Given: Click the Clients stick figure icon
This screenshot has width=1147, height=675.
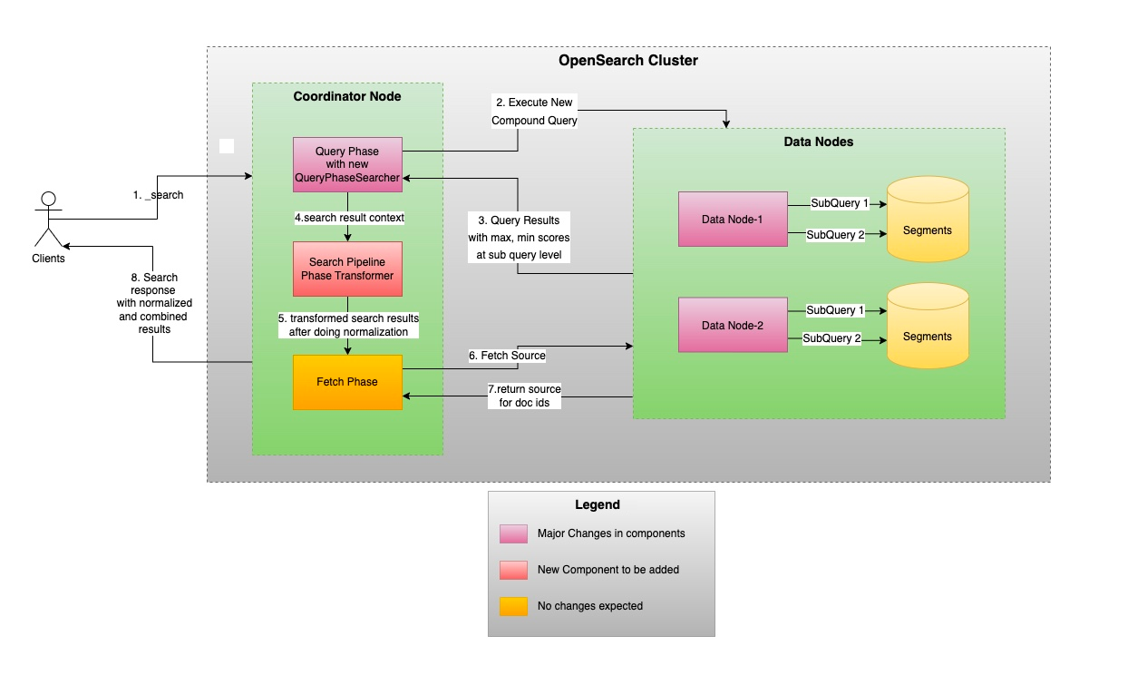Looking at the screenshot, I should pyautogui.click(x=48, y=220).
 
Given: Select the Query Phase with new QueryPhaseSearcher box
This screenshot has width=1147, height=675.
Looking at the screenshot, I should pyautogui.click(x=347, y=164).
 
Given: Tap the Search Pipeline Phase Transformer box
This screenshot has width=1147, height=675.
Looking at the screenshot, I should pyautogui.click(x=347, y=269).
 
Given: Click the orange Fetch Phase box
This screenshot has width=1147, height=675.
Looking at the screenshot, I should pyautogui.click(x=347, y=382).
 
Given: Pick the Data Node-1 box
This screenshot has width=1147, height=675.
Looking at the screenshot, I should pyautogui.click(x=733, y=219).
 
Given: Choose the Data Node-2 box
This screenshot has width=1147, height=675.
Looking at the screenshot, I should pyautogui.click(x=733, y=325).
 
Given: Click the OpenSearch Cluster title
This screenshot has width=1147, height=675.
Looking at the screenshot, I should pyautogui.click(x=627, y=61).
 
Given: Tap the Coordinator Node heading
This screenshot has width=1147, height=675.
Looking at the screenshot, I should pyautogui.click(x=347, y=96).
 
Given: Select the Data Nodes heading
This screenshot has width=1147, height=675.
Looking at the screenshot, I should pyautogui.click(x=818, y=142).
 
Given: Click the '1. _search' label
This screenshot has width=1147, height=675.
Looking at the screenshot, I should pyautogui.click(x=158, y=195).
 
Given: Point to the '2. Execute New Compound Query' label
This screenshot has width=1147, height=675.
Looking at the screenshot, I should pyautogui.click(x=534, y=111).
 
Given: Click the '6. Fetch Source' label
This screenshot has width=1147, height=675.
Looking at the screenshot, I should pyautogui.click(x=507, y=356).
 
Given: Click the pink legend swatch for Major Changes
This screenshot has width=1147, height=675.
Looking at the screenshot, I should pyautogui.click(x=513, y=533).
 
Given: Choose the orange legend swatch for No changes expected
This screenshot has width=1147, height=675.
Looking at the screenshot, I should pyautogui.click(x=513, y=605).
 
